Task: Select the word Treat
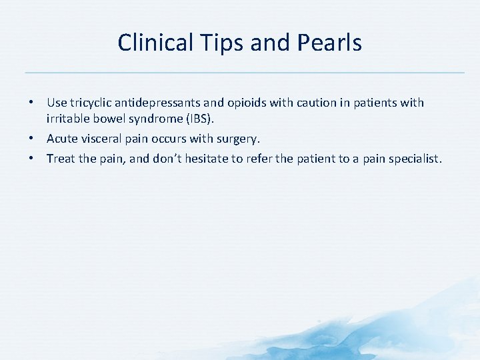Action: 61,159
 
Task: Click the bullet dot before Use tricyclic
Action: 31,103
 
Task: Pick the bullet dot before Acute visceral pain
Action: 31,139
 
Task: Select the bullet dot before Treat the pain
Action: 31,159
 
